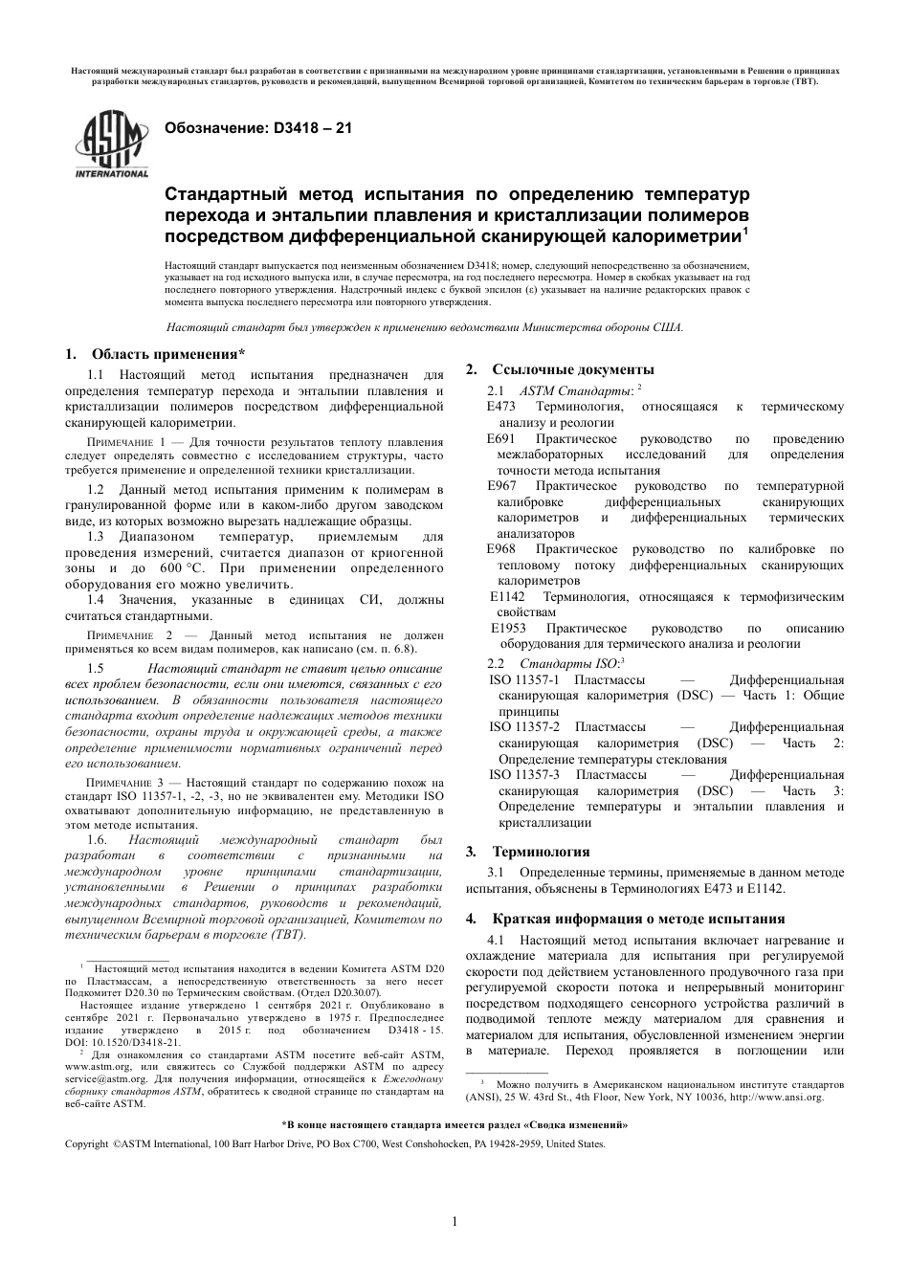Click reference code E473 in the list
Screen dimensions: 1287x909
[501, 407]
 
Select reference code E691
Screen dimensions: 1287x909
[501, 438]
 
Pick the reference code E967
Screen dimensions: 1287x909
[501, 486]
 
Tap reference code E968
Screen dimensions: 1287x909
[501, 549]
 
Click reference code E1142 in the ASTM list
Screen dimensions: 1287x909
[507, 597]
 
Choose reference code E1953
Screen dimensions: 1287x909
[508, 629]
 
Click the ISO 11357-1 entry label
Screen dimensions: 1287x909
[524, 680]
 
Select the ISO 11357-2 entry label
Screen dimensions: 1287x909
[524, 727]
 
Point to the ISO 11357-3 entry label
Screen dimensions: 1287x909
[524, 775]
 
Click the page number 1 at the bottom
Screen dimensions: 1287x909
[454, 1221]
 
